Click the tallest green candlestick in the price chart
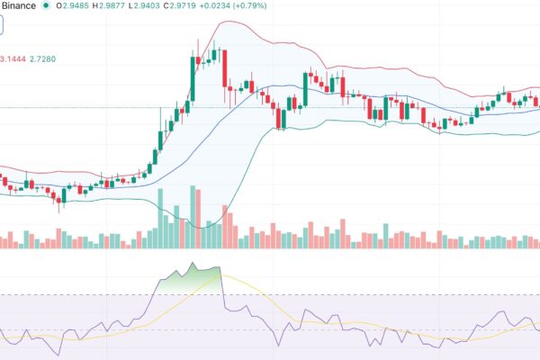coord(192,79)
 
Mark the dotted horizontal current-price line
coord(90,107)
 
